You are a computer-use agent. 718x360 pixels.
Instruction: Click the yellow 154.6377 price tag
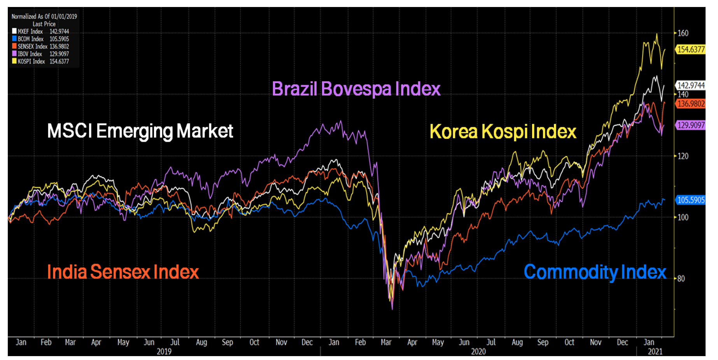pyautogui.click(x=691, y=49)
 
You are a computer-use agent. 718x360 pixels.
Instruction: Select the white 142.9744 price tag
pyautogui.click(x=691, y=85)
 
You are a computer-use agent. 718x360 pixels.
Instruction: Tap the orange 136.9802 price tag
pyautogui.click(x=691, y=104)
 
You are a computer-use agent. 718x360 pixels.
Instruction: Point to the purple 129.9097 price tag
pyautogui.click(x=691, y=125)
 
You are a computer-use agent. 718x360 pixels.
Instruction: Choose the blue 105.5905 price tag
pyautogui.click(x=691, y=200)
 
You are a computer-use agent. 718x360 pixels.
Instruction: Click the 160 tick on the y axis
pyautogui.click(x=683, y=33)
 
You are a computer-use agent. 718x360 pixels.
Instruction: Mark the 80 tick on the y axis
pyautogui.click(x=681, y=278)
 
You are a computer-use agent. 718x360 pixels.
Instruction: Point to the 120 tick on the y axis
pyautogui.click(x=683, y=156)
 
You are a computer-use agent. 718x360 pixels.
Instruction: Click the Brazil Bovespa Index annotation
pyautogui.click(x=356, y=89)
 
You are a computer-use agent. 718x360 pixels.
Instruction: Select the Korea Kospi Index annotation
pyautogui.click(x=503, y=131)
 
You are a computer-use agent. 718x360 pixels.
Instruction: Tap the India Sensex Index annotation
pyautogui.click(x=123, y=272)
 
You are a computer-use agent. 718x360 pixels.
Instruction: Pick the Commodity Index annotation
pyautogui.click(x=595, y=272)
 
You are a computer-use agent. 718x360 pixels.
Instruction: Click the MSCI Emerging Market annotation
pyautogui.click(x=140, y=131)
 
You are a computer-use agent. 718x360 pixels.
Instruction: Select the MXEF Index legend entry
pyautogui.click(x=30, y=31)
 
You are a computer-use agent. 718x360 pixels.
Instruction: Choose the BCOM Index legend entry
pyautogui.click(x=30, y=39)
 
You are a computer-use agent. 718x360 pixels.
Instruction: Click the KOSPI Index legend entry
pyautogui.click(x=31, y=61)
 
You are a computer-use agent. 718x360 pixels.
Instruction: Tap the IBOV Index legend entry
pyautogui.click(x=30, y=54)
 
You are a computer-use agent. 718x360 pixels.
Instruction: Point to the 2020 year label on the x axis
pyautogui.click(x=478, y=351)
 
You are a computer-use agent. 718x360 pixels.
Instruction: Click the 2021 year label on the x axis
pyautogui.click(x=655, y=351)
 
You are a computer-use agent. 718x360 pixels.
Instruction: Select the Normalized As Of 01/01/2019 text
pyautogui.click(x=44, y=16)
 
